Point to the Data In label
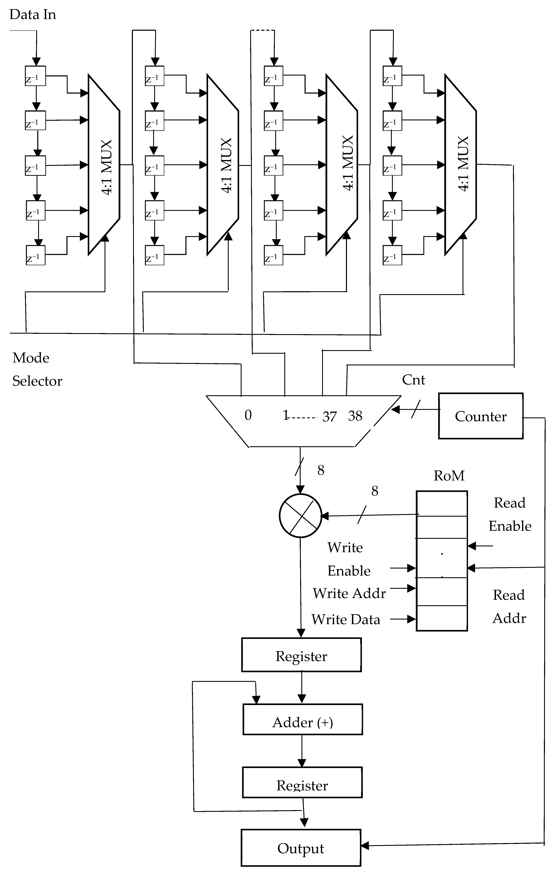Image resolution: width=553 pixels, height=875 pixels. (x=33, y=15)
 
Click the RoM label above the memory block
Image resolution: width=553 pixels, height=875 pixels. (x=449, y=476)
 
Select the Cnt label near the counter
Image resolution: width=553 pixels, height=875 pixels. (x=413, y=380)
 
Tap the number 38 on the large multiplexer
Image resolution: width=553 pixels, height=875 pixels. (x=355, y=416)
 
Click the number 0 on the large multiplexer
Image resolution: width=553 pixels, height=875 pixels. (x=248, y=415)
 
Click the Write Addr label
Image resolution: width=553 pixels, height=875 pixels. (x=349, y=593)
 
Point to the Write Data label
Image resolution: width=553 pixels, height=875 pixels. (x=346, y=619)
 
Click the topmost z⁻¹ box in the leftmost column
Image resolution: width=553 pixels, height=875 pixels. (x=35, y=76)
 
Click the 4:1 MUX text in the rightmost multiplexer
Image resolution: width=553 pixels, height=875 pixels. (x=463, y=163)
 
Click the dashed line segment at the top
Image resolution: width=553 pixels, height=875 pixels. (x=262, y=31)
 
